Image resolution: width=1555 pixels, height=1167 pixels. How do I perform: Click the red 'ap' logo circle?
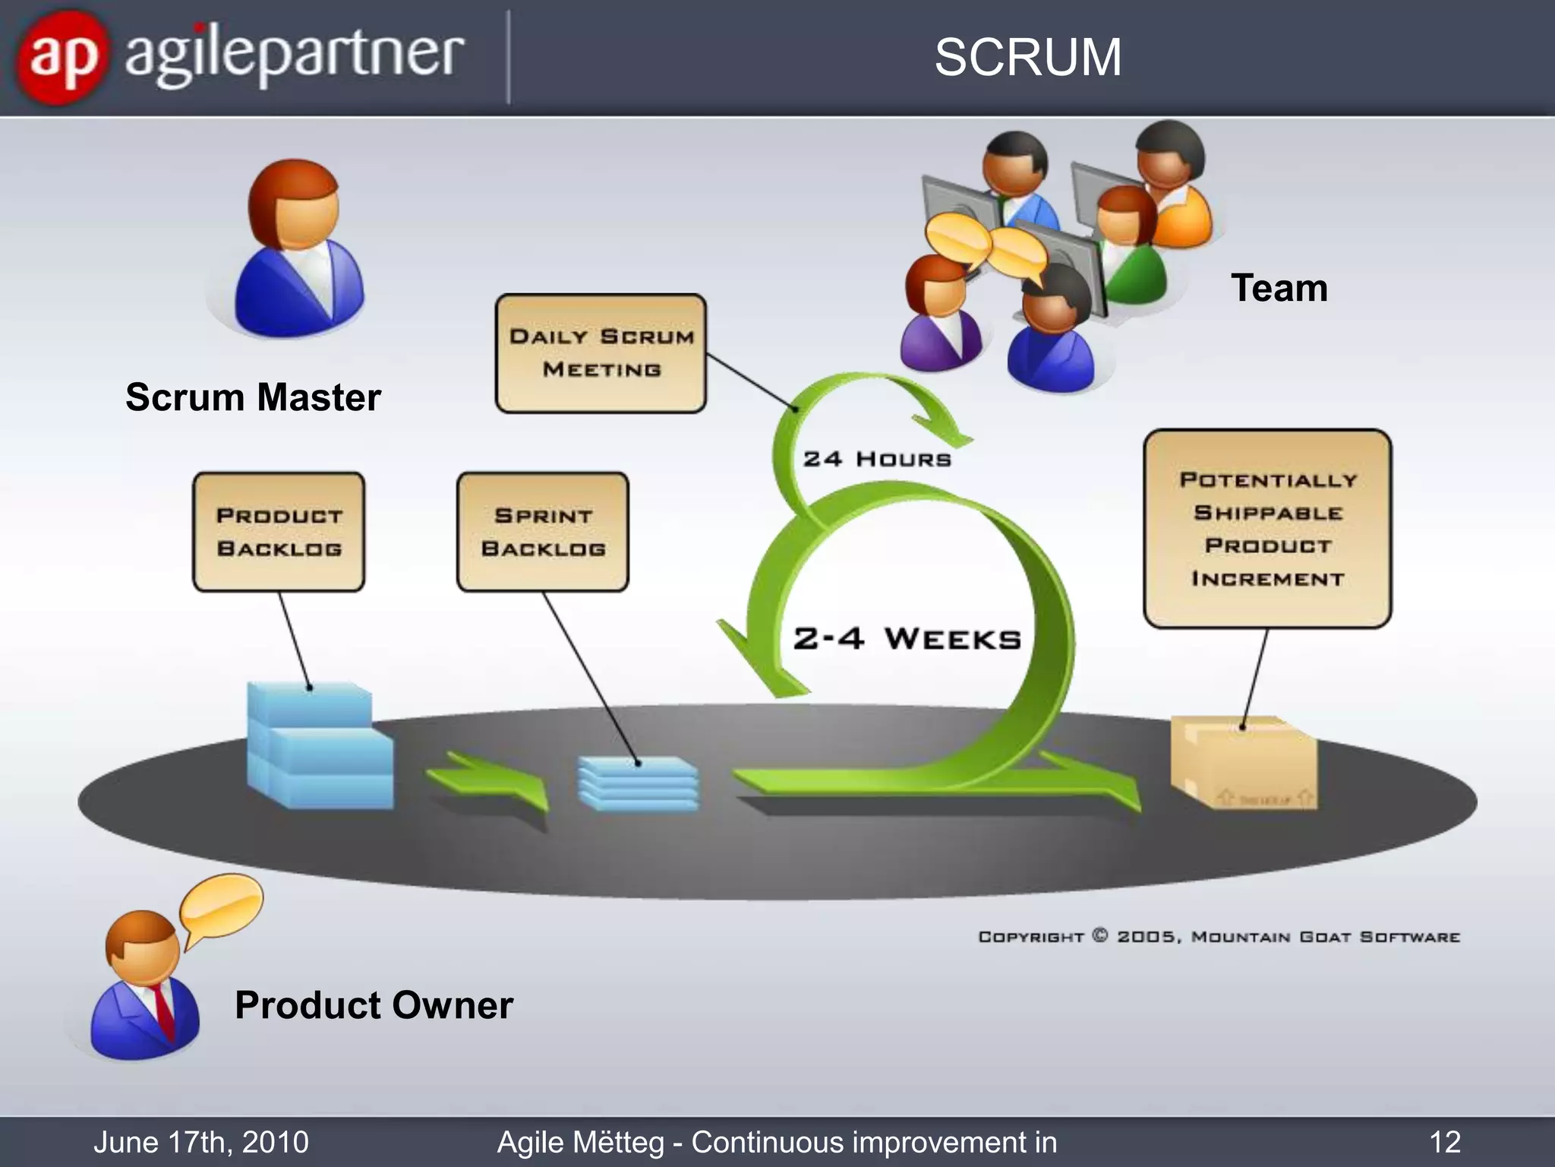(x=63, y=57)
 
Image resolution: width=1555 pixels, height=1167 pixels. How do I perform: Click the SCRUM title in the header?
(x=1027, y=57)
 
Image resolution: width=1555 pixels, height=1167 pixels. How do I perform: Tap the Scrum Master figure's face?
(x=304, y=217)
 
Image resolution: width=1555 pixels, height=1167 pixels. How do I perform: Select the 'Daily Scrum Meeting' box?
(x=601, y=353)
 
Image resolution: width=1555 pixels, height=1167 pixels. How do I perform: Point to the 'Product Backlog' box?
(x=279, y=532)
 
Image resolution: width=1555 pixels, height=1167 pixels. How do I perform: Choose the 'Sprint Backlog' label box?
(x=543, y=532)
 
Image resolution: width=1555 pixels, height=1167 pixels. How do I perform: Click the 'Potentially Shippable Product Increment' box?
(x=1267, y=529)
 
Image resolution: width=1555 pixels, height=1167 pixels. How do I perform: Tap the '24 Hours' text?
(x=877, y=459)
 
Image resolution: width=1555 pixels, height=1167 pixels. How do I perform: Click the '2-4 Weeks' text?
(x=907, y=638)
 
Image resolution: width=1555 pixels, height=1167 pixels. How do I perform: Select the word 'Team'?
(x=1279, y=289)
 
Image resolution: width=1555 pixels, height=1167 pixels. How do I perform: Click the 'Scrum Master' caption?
(x=253, y=397)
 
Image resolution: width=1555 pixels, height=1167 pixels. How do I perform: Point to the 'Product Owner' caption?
(x=374, y=1005)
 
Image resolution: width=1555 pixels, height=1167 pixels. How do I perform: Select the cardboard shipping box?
(x=1244, y=764)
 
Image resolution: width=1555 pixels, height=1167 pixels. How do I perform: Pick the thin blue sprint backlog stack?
(x=638, y=783)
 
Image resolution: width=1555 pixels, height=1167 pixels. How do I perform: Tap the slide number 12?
(x=1444, y=1142)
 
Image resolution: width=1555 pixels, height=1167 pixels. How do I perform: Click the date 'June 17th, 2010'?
(x=201, y=1142)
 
